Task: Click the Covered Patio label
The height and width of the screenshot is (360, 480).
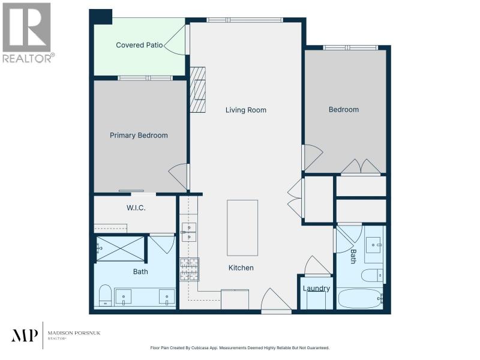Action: click(139, 45)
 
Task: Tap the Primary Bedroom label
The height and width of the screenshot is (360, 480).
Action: click(139, 136)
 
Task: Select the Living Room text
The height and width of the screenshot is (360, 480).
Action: click(246, 110)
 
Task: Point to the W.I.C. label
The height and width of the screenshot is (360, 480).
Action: click(136, 208)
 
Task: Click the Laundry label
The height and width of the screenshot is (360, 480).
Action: click(316, 289)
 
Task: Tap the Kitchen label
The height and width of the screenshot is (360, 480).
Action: click(241, 268)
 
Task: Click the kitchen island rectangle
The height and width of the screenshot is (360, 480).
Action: click(242, 228)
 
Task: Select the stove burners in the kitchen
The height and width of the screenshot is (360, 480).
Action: click(189, 269)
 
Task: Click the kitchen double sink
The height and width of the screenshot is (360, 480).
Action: click(189, 232)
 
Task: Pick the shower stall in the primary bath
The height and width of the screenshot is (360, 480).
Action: click(121, 248)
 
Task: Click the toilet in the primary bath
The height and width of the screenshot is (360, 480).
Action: click(106, 295)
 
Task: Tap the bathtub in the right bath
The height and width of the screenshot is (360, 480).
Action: click(361, 298)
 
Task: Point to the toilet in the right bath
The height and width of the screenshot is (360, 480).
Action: click(372, 275)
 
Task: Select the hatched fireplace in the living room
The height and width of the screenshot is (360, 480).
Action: click(198, 89)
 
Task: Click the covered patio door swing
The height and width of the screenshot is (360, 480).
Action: click(175, 40)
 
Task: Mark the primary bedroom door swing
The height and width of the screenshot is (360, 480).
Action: click(178, 177)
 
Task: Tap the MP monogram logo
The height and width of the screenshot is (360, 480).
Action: click(25, 335)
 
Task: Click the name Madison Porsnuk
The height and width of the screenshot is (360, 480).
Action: click(74, 333)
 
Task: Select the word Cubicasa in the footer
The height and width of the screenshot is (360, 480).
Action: click(201, 348)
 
